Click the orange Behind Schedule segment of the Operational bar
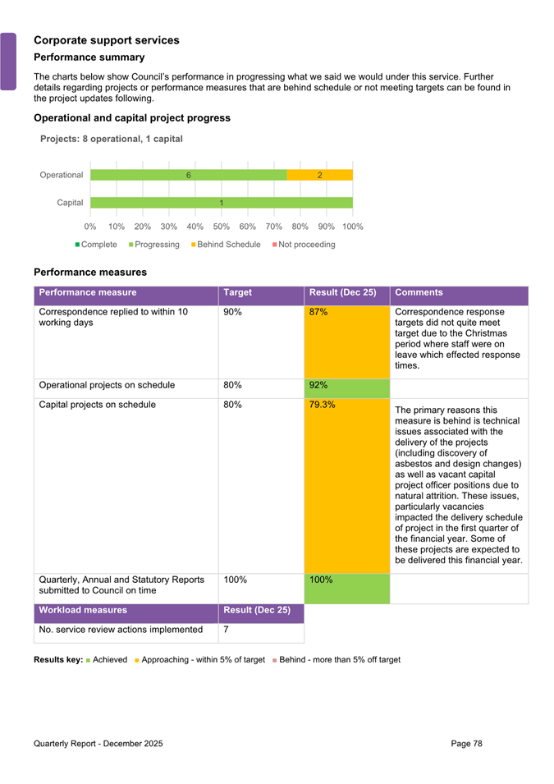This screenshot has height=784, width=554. point(320,175)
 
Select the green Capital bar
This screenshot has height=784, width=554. point(222,203)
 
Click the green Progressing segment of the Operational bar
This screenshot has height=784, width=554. point(189,175)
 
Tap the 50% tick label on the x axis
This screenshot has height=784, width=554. point(222,226)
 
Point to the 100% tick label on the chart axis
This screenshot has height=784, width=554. point(353,226)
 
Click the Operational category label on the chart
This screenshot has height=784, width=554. point(62,175)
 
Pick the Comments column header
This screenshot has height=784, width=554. point(419,292)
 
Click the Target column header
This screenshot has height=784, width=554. point(237,292)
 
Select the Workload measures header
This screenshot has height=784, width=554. point(83,610)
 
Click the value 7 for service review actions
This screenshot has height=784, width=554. point(227,630)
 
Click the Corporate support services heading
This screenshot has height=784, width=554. point(107,39)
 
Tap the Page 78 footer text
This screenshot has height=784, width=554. point(466,743)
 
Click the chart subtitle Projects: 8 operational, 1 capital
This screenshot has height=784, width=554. point(112,139)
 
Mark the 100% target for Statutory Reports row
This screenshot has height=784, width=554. point(236,580)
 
